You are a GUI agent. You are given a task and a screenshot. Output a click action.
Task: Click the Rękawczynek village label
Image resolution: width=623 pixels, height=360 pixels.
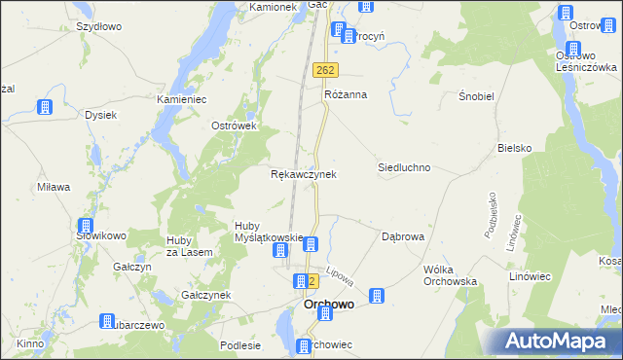[303, 174]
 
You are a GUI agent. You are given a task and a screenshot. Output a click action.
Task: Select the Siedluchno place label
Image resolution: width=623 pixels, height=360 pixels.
[404, 167]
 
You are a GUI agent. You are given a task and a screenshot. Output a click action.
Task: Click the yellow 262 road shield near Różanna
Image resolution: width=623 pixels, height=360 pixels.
[326, 70]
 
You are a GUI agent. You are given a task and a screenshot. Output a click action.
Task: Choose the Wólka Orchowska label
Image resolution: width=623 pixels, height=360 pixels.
[448, 274]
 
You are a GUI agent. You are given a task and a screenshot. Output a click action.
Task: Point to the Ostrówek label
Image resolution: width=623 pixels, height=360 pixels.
[234, 126]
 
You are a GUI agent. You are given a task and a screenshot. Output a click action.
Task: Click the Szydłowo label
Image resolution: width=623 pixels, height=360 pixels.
[98, 27]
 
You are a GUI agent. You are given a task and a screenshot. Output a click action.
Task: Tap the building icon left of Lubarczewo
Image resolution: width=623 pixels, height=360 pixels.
[106, 322]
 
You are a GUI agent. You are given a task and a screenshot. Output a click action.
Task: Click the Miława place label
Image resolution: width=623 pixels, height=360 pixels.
[54, 187]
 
